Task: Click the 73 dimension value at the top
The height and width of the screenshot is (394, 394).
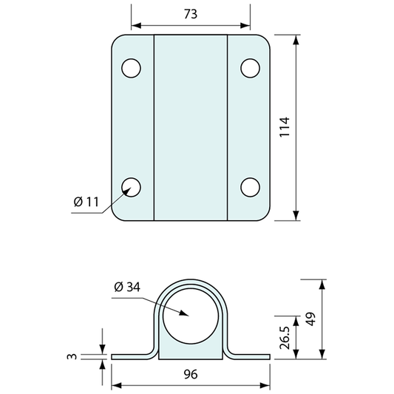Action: click(191, 14)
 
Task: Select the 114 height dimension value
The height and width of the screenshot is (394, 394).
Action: click(285, 127)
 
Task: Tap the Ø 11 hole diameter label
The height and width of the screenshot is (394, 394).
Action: click(86, 202)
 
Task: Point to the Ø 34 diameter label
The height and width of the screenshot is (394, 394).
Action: click(127, 287)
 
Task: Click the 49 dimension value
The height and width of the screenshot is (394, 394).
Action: click(311, 319)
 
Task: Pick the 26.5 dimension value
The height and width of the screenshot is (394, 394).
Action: click(285, 338)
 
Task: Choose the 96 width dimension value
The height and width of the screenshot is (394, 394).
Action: click(191, 374)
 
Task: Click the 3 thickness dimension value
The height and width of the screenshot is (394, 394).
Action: click(72, 356)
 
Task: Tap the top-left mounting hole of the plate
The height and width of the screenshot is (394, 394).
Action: click(131, 68)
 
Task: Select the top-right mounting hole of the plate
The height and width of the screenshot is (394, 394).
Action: click(251, 68)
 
